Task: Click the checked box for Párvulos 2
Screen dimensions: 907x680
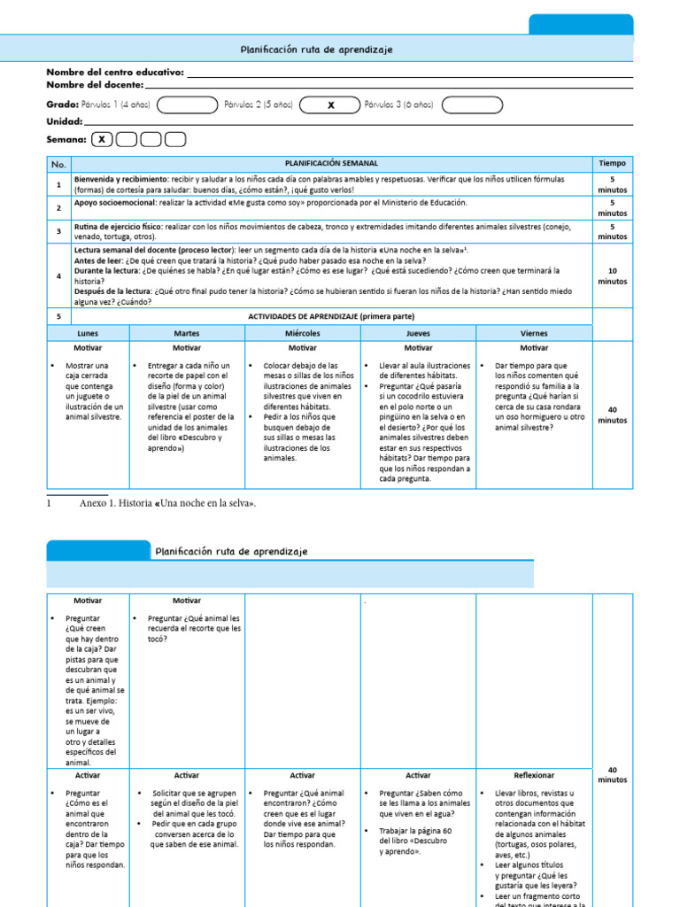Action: (330, 105)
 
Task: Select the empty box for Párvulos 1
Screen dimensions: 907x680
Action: (187, 105)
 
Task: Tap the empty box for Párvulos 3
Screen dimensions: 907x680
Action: (472, 105)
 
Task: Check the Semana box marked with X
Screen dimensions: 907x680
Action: (103, 139)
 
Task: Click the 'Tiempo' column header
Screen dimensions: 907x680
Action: (612, 164)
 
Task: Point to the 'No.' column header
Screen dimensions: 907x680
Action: (58, 164)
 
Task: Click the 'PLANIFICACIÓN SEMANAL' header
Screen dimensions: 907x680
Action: (331, 164)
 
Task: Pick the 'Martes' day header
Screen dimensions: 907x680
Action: (186, 334)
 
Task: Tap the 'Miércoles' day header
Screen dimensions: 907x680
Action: (302, 334)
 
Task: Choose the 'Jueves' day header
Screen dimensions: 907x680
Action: (418, 334)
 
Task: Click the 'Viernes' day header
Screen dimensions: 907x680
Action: (534, 334)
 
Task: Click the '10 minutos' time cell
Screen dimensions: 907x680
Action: (612, 276)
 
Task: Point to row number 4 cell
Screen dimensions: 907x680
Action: (58, 275)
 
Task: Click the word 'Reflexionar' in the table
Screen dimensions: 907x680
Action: (534, 775)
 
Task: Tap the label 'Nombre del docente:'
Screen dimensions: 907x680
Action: (95, 84)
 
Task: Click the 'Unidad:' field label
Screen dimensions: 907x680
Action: (65, 121)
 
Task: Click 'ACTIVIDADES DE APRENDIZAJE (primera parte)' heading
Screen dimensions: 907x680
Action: (331, 316)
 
